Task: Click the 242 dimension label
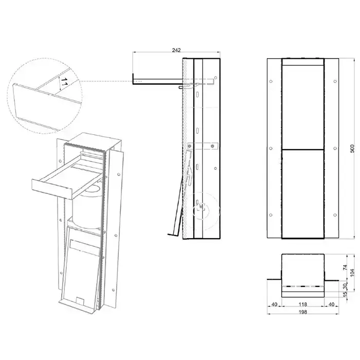click(176, 50)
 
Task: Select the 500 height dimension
click(353, 149)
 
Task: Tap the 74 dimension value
click(345, 267)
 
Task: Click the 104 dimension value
click(353, 273)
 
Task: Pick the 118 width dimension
click(303, 304)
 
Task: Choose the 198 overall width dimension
click(303, 312)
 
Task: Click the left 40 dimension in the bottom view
click(274, 304)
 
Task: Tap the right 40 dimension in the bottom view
click(331, 304)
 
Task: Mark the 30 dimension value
click(345, 286)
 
